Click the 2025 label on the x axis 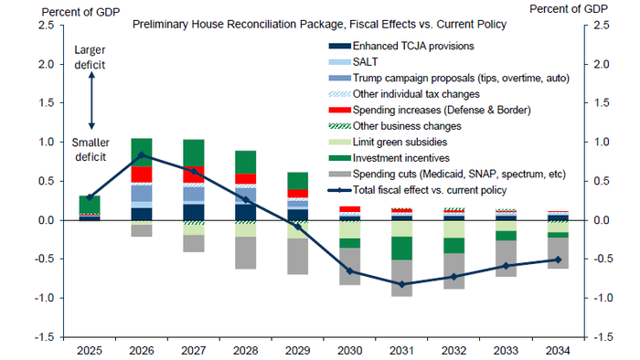pos(89,349)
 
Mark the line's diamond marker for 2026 pos(141,154)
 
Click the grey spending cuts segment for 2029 pos(297,257)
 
